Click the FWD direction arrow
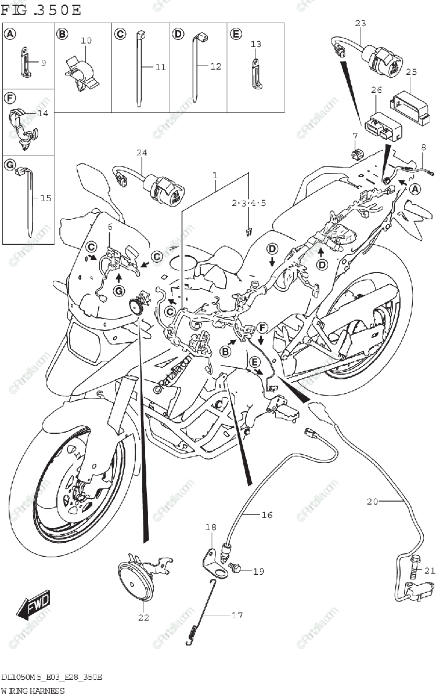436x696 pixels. pyautogui.click(x=34, y=604)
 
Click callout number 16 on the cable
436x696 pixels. pyautogui.click(x=266, y=514)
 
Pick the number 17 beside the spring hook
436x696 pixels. pyautogui.click(x=237, y=615)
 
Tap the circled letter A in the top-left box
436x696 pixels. pyautogui.click(x=10, y=34)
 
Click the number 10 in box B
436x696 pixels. pyautogui.click(x=86, y=41)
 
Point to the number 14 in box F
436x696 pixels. pyautogui.click(x=42, y=114)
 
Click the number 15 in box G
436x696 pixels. pyautogui.click(x=45, y=198)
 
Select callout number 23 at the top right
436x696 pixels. pyautogui.click(x=361, y=23)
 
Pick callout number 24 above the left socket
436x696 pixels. pyautogui.click(x=142, y=153)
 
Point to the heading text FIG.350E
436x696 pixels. pyautogui.click(x=41, y=10)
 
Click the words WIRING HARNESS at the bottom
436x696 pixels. pyautogui.click(x=33, y=690)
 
